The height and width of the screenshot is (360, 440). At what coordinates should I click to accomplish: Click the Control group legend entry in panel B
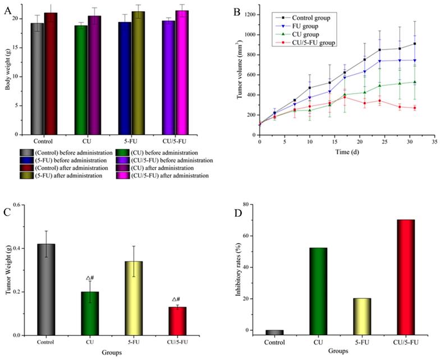308,18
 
